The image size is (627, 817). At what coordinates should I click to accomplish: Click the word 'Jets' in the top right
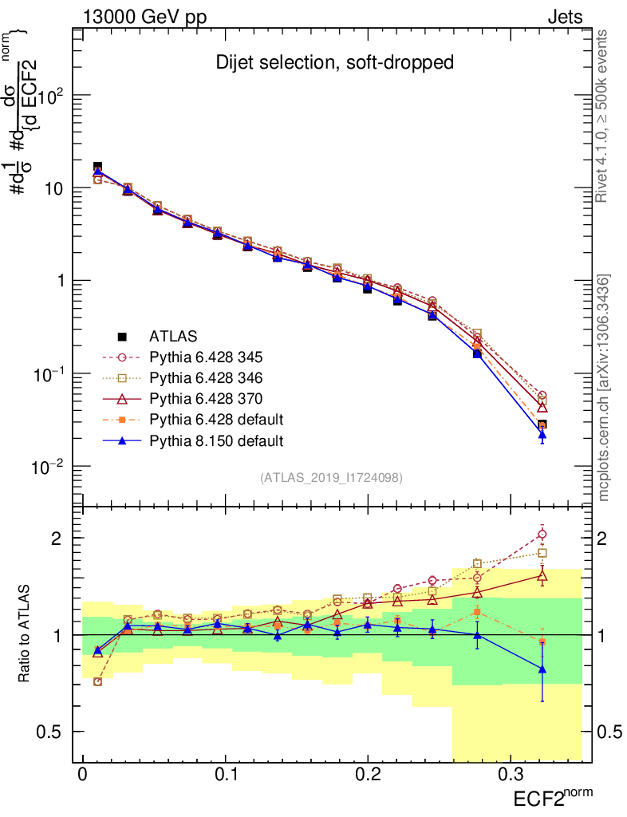pos(565,18)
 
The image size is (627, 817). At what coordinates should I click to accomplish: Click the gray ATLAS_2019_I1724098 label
pos(331,478)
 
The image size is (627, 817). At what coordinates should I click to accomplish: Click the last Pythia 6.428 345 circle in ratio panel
pos(542,535)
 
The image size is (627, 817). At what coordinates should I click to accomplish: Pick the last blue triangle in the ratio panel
pos(542,669)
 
